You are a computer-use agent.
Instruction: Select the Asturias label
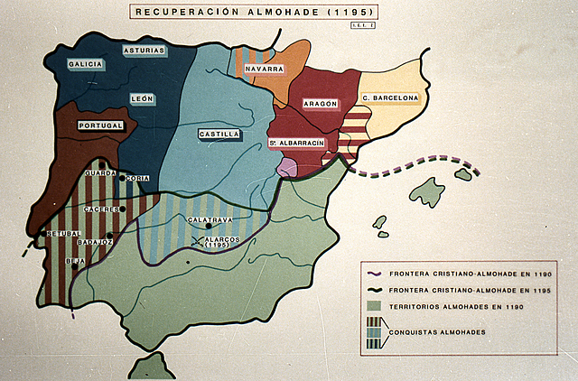coord(144,51)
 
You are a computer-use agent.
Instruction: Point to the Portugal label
coord(99,125)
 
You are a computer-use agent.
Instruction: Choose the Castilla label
coord(219,134)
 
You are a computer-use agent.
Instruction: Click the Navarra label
coord(263,69)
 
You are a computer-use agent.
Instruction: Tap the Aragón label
coord(320,104)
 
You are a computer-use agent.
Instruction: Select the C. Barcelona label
coord(390,98)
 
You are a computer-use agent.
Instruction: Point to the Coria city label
coord(138,179)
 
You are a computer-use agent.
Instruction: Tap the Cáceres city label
coord(102,209)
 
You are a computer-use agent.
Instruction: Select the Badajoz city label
coord(94,242)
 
